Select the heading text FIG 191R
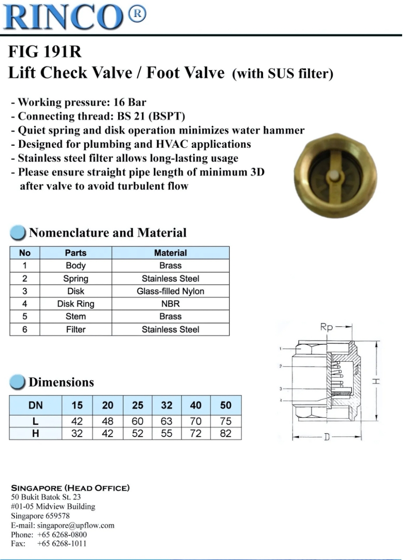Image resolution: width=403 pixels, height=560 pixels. (45, 52)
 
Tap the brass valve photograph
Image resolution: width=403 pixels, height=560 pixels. (335, 175)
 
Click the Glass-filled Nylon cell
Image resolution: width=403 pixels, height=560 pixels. (170, 291)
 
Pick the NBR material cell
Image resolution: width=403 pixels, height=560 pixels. (170, 304)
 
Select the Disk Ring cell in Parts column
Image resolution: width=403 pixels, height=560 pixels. (76, 304)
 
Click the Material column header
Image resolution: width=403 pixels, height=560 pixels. (170, 253)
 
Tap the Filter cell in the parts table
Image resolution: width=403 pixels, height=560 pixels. (76, 329)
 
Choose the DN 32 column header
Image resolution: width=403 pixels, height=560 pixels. (167, 405)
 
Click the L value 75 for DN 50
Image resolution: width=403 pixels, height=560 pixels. (226, 421)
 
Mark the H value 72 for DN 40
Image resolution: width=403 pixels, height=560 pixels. (196, 434)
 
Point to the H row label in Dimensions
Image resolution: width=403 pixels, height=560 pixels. (35, 434)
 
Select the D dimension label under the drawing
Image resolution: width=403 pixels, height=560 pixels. (327, 437)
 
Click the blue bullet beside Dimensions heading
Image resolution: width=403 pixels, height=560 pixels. (17, 382)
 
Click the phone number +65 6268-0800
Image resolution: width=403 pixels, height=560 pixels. (62, 535)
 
